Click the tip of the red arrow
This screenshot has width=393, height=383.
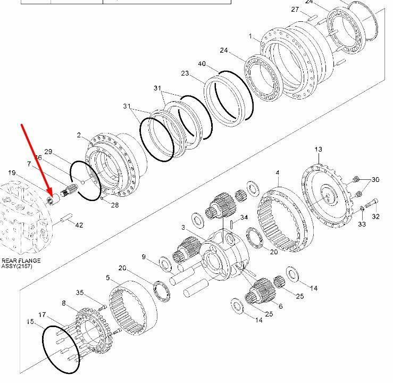pos(52,196)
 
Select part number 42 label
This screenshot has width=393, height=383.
pos(79,225)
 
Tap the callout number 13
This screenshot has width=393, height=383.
pos(319,149)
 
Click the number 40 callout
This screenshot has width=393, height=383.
pos(202,64)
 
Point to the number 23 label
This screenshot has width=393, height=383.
pos(185,73)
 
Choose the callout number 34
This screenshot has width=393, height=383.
pos(244,218)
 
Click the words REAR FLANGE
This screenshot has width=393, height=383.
pos(21,261)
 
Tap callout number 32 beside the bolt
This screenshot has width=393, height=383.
pos(375,217)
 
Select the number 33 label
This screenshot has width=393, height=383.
pos(362,224)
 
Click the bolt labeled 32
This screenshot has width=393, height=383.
pos(371,203)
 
